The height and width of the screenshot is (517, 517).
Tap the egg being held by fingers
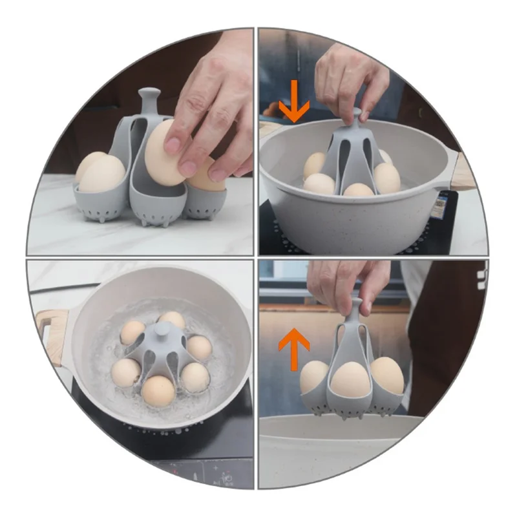[x=166, y=153]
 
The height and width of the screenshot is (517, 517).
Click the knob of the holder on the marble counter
[x=149, y=97]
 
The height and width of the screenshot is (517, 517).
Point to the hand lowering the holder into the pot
[x=352, y=81]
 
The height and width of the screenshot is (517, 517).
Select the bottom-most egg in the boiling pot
[x=158, y=390]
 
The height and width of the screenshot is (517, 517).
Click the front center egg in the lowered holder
[x=357, y=190]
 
